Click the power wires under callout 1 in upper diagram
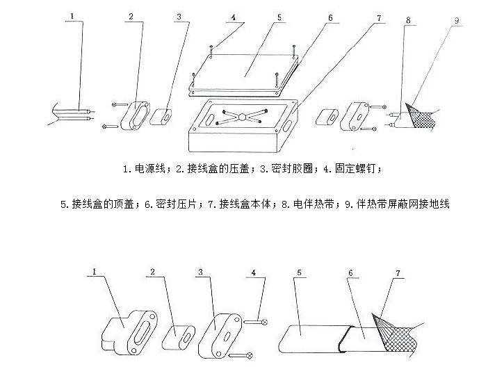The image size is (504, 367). point(70,113)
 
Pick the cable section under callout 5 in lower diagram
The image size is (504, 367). point(306,341)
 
